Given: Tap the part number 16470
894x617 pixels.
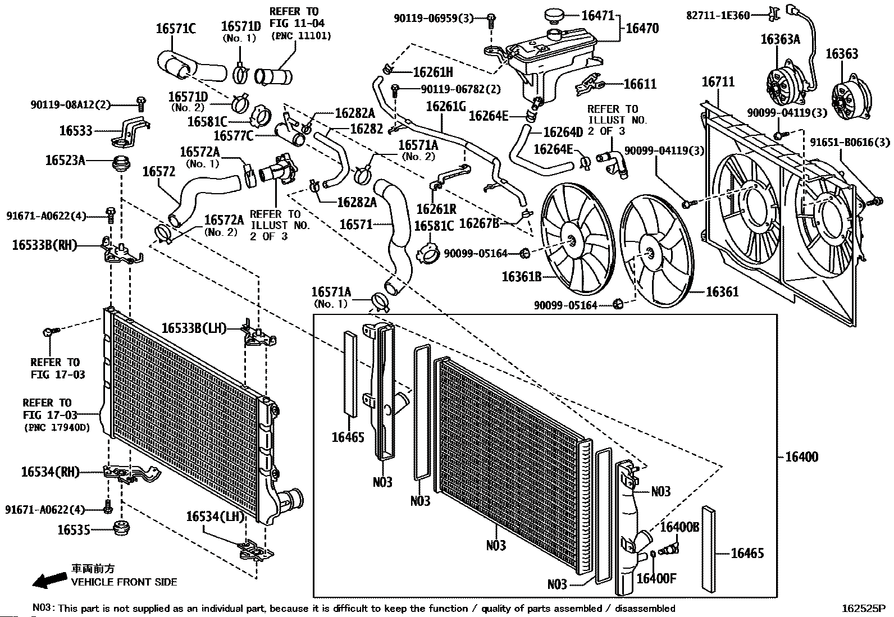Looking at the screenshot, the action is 642,29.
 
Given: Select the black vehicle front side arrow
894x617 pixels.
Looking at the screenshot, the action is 49,579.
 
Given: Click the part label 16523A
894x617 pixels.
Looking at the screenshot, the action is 65,161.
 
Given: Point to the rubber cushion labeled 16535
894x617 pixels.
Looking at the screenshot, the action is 121,529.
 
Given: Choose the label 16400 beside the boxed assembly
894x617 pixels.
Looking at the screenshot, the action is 801,456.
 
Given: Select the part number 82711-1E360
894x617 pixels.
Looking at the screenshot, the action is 718,15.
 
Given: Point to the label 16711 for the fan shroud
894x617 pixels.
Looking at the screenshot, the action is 718,82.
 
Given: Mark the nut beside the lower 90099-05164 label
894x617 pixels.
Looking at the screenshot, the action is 618,304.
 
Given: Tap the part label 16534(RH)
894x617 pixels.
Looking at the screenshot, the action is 50,472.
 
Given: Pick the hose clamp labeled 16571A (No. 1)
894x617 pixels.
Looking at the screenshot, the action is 380,302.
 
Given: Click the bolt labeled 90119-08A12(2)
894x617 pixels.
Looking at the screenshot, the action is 141,104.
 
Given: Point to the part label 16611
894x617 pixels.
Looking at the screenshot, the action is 640,84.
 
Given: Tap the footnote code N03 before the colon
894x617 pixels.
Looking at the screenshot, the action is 42,608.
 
